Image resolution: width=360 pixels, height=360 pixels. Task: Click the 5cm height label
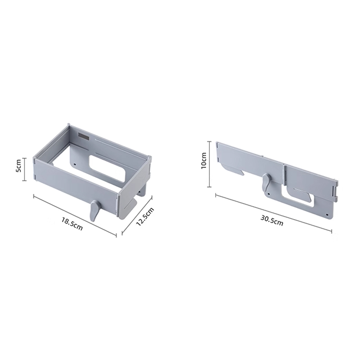(18, 166)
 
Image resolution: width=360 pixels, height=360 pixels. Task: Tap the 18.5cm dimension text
(72, 224)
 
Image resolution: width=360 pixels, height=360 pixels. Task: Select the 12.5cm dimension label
(145, 216)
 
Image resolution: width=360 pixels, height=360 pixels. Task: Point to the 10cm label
(204, 161)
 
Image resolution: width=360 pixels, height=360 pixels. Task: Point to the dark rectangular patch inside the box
(83, 136)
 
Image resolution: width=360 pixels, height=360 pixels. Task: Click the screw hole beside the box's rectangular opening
(75, 165)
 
